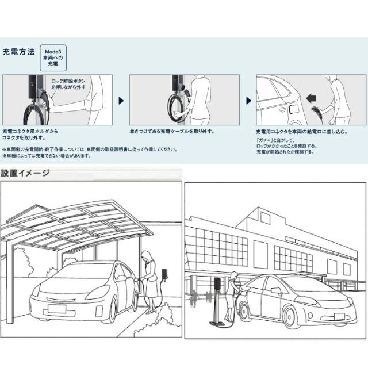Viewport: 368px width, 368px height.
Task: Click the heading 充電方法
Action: (19, 52)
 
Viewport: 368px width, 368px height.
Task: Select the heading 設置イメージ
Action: (25, 172)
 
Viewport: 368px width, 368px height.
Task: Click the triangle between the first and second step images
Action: (121, 100)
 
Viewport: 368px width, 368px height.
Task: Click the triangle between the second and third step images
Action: (248, 100)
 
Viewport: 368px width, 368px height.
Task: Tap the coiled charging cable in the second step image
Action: (177, 106)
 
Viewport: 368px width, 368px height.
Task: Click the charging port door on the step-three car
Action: (291, 108)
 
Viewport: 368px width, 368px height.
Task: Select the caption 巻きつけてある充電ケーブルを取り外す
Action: (171, 132)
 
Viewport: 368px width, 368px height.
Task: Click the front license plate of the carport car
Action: (56, 309)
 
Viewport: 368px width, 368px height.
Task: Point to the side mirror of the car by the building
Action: (276, 292)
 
